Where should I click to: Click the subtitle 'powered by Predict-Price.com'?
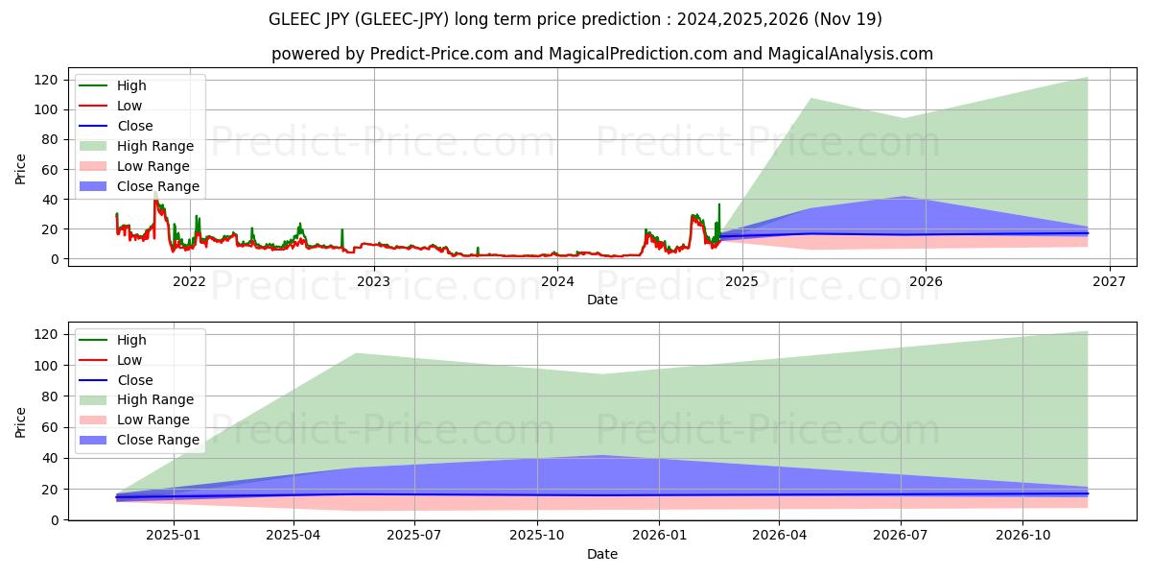pyautogui.click(x=601, y=54)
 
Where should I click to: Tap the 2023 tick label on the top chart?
pyautogui.click(x=373, y=281)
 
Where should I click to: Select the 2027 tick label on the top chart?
pyautogui.click(x=1110, y=281)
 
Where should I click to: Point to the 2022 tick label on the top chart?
pyautogui.click(x=189, y=281)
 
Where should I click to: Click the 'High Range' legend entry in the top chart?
pyautogui.click(x=154, y=146)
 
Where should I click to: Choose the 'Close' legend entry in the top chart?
pyautogui.click(x=134, y=126)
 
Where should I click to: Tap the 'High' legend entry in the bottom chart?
pyautogui.click(x=131, y=340)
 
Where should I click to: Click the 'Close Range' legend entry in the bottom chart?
pyautogui.click(x=158, y=440)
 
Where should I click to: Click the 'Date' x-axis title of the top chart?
pyautogui.click(x=601, y=300)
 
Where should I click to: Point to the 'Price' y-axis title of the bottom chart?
pyautogui.click(x=21, y=421)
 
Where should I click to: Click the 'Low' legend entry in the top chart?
pyautogui.click(x=129, y=106)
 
